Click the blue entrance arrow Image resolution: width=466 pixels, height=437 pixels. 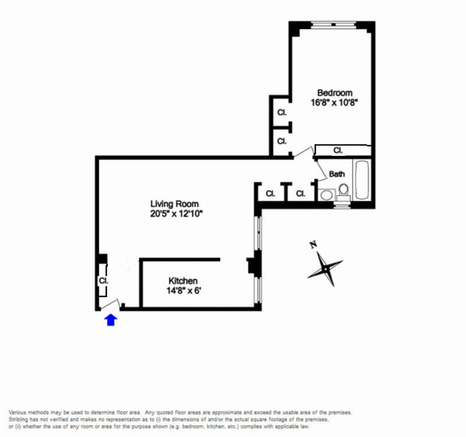pyautogui.click(x=111, y=320)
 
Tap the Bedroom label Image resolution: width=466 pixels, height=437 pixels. pyautogui.click(x=334, y=93)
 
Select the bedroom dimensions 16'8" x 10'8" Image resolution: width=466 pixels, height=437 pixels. pyautogui.click(x=334, y=103)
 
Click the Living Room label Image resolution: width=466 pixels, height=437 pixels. pyautogui.click(x=174, y=204)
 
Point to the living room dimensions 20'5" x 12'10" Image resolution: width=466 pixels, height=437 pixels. pyautogui.click(x=176, y=214)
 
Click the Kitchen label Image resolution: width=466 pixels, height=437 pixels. pyautogui.click(x=183, y=281)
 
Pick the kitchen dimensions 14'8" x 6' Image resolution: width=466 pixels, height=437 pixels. pyautogui.click(x=184, y=290)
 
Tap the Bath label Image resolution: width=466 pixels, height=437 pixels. pyautogui.click(x=337, y=174)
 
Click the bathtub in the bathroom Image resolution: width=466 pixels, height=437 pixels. pyautogui.click(x=362, y=180)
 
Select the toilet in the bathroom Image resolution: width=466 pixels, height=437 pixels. pyautogui.click(x=344, y=192)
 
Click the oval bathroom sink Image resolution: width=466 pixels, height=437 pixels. pyautogui.click(x=327, y=195)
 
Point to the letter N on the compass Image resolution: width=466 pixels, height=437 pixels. pyautogui.click(x=313, y=245)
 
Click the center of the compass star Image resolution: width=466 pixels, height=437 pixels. pyautogui.click(x=326, y=269)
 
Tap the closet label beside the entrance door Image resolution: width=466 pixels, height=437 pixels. pyautogui.click(x=104, y=280)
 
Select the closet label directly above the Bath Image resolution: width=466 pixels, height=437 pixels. pyautogui.click(x=338, y=150)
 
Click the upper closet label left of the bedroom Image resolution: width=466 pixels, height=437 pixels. pyautogui.click(x=282, y=112)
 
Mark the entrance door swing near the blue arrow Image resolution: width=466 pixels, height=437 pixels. pyautogui.click(x=111, y=304)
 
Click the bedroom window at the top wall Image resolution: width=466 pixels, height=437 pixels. pyautogui.click(x=333, y=25)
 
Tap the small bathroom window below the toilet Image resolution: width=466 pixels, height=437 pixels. pyautogui.click(x=342, y=205)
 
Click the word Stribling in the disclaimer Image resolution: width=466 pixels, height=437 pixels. pyautogui.click(x=18, y=420)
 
